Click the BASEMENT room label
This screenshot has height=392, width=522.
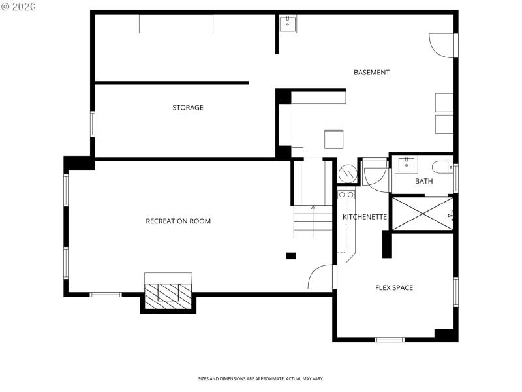click(x=371, y=73)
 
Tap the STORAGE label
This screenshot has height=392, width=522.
click(x=187, y=108)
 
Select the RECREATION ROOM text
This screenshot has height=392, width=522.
click(x=178, y=221)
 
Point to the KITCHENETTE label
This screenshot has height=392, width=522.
click(x=365, y=217)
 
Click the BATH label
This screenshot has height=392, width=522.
click(x=423, y=182)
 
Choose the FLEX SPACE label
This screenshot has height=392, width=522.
click(x=393, y=288)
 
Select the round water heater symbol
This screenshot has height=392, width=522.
click(x=347, y=174)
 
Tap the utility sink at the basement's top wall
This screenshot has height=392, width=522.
click(x=288, y=25)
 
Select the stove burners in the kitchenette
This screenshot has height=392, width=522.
click(x=346, y=195)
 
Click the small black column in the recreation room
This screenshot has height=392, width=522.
click(x=291, y=255)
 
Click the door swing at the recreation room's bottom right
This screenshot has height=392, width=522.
click(x=321, y=277)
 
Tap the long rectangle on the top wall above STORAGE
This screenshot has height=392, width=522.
click(x=176, y=24)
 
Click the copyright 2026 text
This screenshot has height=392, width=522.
click(x=19, y=7)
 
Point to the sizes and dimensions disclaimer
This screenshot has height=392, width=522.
click(x=260, y=378)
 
